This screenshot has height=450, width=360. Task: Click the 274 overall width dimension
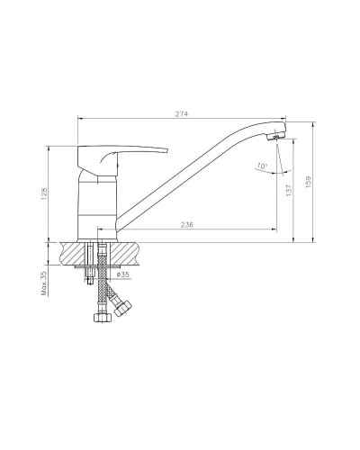182,114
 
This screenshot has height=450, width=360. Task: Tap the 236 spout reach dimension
187,224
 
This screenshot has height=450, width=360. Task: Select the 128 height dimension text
44,193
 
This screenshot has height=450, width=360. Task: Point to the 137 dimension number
289,190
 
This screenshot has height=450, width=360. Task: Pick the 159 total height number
309,182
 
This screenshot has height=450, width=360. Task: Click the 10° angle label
262,166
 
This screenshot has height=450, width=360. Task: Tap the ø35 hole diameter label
122,274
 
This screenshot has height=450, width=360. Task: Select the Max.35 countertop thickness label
44,283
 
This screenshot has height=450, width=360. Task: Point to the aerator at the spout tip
274,138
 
